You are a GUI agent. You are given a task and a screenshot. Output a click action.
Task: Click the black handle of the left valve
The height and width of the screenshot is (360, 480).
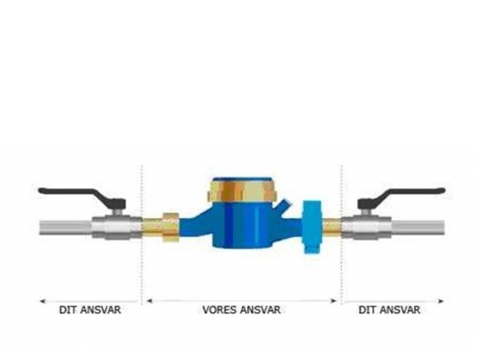pos(82,196)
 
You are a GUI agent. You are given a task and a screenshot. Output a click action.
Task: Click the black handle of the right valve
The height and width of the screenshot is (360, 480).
pos(401,196)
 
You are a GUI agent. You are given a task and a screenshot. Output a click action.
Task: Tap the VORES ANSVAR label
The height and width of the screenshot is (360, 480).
pos(242,310)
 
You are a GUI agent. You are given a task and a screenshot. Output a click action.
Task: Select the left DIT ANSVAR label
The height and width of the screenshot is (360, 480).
pos(90,310)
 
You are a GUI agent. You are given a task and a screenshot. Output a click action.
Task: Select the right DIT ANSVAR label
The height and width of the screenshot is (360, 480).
pos(389,310)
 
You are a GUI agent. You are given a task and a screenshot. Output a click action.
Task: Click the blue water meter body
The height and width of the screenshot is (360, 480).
pos(242,225)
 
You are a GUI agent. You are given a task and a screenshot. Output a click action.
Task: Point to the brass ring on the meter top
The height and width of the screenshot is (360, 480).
pos(242,191)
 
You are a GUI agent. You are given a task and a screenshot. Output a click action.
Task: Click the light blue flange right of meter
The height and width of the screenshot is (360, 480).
pos(313,227)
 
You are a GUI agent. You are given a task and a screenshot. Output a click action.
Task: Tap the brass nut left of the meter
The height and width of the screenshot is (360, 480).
pos(171,227)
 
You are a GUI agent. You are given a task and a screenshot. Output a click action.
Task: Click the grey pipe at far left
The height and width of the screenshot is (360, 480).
pos(65,228)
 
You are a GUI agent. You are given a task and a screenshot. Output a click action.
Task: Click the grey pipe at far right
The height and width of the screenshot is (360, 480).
pos(418,228)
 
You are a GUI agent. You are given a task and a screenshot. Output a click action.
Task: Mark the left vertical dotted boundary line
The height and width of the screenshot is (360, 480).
pos(142,235)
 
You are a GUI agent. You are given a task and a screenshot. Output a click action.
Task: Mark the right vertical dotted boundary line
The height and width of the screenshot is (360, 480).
pos(341,235)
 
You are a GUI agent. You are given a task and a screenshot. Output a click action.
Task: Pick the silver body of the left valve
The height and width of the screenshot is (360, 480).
pos(116,227)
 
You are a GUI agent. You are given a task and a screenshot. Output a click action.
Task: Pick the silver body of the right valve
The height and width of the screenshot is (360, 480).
pos(367,227)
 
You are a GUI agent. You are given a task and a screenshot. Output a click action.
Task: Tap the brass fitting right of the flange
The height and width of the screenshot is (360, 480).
pos(332,227)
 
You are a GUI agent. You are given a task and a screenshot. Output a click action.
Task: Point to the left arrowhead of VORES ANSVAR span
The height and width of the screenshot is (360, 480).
pos(149,301)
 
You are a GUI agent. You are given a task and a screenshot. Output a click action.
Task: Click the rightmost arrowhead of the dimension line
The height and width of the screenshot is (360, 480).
pos(441,301)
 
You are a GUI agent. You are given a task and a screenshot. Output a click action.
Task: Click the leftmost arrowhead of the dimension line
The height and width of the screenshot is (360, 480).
pos(43,301)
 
